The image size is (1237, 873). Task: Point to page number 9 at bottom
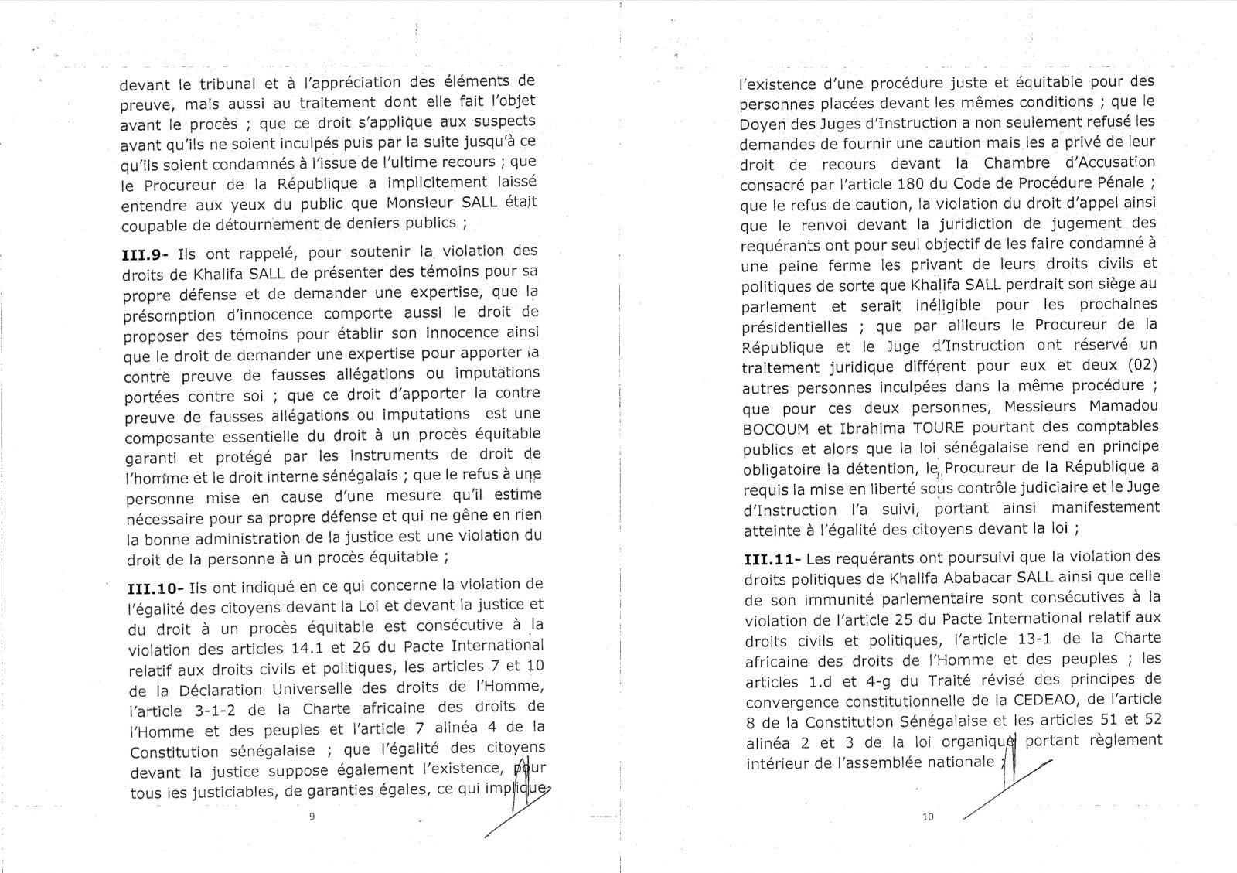coord(312,817)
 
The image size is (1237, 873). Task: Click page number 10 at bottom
coord(929,817)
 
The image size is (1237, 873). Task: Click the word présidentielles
coord(793,326)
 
